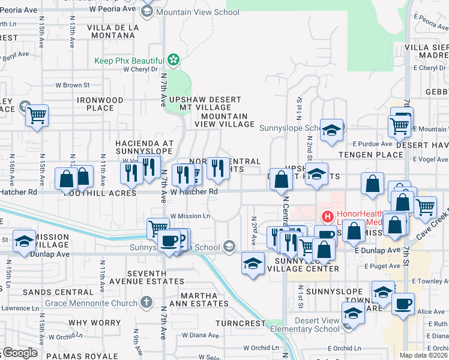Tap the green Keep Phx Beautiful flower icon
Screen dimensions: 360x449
point(173,60)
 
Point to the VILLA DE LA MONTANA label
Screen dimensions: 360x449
point(113,32)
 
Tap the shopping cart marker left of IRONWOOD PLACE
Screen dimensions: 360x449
point(37,115)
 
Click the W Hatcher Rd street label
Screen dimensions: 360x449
point(193,191)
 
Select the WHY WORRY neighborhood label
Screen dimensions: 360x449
point(94,323)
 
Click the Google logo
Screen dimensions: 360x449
point(20,353)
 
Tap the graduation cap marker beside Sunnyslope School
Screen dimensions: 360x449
point(331,130)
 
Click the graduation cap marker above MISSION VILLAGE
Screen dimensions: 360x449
point(24,242)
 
